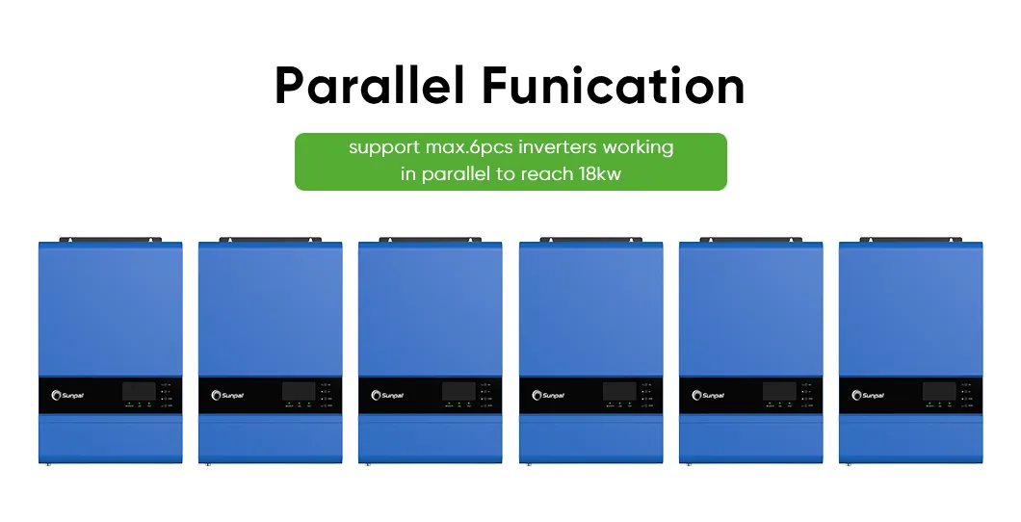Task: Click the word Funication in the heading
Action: (x=614, y=86)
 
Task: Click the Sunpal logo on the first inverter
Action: (x=68, y=395)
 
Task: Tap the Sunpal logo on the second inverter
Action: (x=228, y=395)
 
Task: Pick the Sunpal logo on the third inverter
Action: (x=388, y=395)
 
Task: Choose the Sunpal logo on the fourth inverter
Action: (x=549, y=395)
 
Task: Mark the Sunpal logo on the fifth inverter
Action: (x=709, y=395)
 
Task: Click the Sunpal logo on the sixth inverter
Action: (x=869, y=395)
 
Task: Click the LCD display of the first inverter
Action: (x=138, y=391)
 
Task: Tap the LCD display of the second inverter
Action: (x=298, y=391)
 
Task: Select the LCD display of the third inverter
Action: (x=458, y=391)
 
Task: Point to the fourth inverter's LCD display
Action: (x=618, y=391)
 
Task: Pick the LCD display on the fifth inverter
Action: (x=778, y=391)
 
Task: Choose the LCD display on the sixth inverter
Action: (x=938, y=391)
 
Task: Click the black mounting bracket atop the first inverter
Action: (x=110, y=239)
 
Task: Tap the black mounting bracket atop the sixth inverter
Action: (x=910, y=239)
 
